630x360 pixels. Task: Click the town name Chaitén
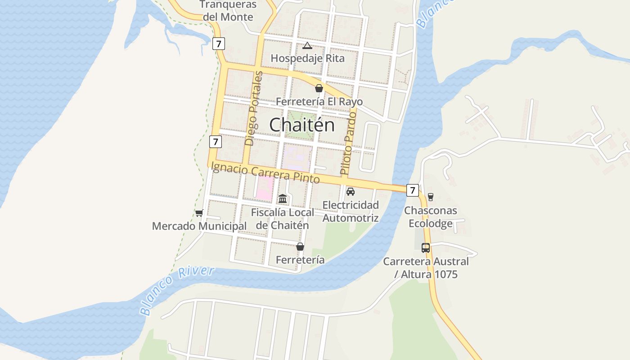click(302, 125)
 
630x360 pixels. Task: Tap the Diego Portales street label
click(254, 108)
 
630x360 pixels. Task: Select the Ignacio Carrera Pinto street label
click(265, 173)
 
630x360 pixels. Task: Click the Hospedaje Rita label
click(307, 58)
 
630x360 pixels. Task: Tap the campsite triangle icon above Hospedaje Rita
click(307, 45)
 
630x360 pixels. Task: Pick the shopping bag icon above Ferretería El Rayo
click(319, 88)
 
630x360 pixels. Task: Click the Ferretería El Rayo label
click(319, 101)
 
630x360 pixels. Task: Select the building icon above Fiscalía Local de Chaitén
click(283, 198)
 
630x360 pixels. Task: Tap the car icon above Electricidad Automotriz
click(351, 192)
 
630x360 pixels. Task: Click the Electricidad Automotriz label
click(351, 211)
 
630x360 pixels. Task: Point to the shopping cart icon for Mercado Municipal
click(199, 213)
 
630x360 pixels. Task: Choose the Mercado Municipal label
click(199, 226)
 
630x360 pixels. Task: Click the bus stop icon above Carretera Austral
click(426, 247)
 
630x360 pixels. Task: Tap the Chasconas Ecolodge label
click(430, 217)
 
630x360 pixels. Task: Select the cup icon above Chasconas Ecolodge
click(430, 197)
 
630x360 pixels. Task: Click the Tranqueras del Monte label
click(228, 11)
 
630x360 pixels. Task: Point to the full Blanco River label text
click(177, 290)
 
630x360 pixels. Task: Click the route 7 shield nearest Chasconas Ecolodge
click(412, 190)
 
